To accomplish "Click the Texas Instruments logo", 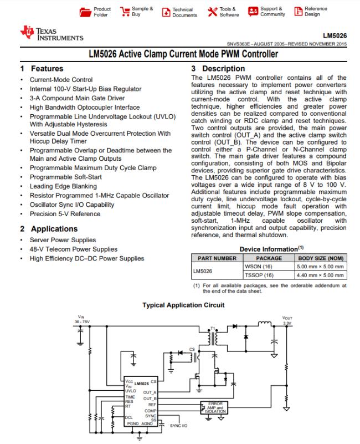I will [x=51, y=34].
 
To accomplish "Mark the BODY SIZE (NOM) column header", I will [x=321, y=258].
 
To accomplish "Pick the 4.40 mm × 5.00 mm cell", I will [x=321, y=275].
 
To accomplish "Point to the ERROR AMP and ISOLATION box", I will [x=215, y=407].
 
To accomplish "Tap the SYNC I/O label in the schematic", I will [x=179, y=426].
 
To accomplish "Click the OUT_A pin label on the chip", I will [x=150, y=392].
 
